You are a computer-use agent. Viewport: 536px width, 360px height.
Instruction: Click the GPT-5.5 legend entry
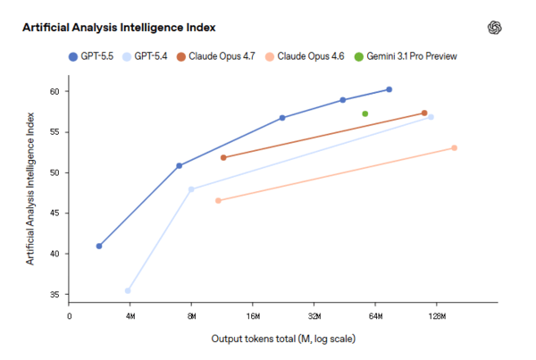point(95,56)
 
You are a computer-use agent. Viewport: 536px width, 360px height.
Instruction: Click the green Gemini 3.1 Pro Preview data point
point(365,113)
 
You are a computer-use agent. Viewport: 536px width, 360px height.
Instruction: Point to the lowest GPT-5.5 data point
point(99,246)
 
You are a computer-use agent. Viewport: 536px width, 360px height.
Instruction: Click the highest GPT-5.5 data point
point(389,89)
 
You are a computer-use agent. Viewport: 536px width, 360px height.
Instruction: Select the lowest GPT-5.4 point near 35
point(128,290)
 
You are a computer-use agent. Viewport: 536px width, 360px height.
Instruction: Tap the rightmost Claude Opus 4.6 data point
point(455,147)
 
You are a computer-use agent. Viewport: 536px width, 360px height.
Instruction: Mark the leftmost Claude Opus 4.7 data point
point(222,157)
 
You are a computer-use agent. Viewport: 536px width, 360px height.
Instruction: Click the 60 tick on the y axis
point(54,91)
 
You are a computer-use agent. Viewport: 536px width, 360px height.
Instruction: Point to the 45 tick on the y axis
point(54,213)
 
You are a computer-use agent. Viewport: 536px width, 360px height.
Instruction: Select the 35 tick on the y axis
point(54,294)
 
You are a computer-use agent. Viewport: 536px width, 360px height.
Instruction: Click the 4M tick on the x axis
point(130,315)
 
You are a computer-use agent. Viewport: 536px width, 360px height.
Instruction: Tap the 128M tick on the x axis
point(438,315)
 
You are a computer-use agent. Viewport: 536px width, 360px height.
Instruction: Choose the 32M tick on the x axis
point(314,315)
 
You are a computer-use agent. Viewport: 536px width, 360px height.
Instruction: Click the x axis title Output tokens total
point(284,339)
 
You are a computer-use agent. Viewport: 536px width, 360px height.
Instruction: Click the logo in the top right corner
point(495,28)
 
